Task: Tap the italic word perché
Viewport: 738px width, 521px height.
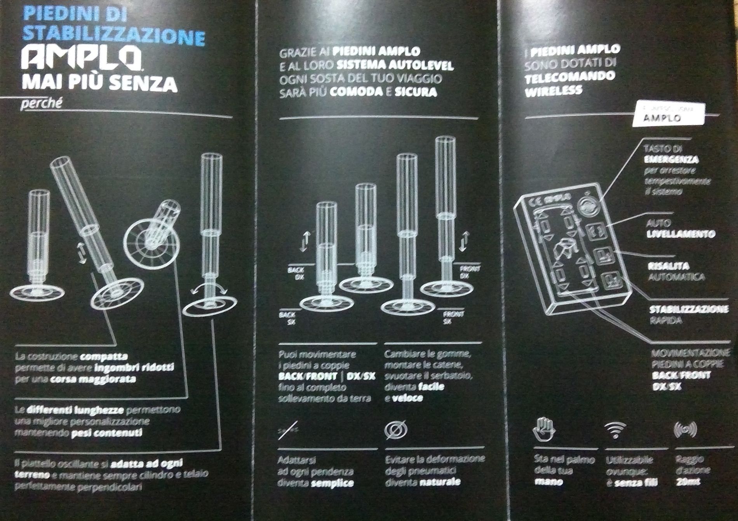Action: [x=41, y=104]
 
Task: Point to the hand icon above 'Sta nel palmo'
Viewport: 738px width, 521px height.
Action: [x=543, y=429]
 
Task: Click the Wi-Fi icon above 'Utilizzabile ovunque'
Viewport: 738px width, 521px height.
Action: [x=615, y=429]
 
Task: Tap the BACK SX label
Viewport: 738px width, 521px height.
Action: [x=287, y=318]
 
